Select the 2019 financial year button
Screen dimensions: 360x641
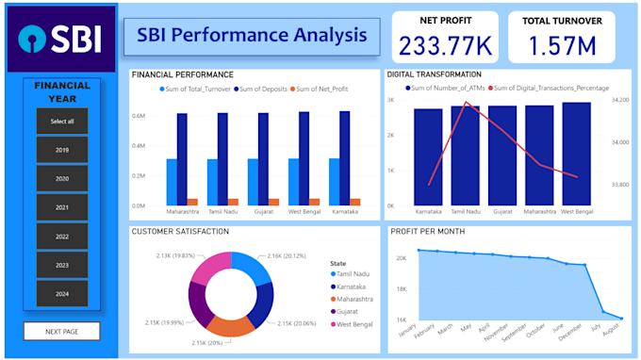click(62, 150)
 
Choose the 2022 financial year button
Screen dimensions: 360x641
click(62, 237)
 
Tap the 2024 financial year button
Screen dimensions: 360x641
click(62, 293)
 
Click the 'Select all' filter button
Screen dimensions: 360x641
click(62, 122)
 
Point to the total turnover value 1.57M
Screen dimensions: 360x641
click(562, 44)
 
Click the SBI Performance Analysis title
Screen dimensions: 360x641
click(252, 36)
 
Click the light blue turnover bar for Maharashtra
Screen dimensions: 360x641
click(172, 181)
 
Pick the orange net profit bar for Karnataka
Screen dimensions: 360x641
click(355, 202)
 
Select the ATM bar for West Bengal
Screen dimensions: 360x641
click(577, 154)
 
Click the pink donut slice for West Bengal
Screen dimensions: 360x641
click(211, 270)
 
